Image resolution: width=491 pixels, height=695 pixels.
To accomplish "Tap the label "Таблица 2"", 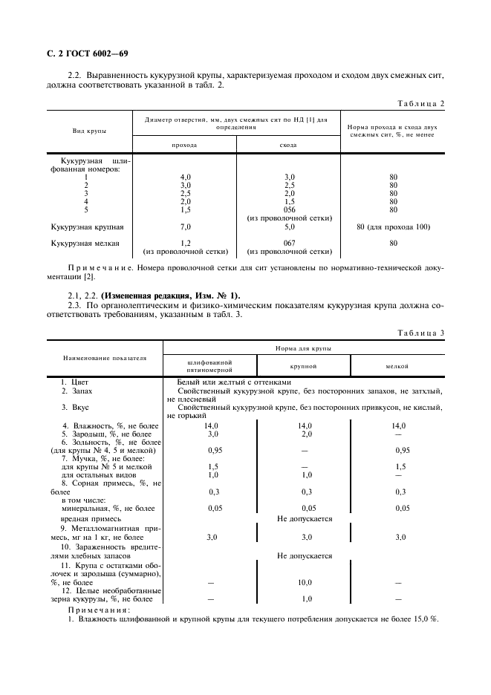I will (421, 103).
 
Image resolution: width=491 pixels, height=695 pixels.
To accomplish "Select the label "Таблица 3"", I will (421, 333).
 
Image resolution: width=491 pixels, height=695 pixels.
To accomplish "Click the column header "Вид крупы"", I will (89, 131).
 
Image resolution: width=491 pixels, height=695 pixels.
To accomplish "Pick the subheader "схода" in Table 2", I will (288, 145).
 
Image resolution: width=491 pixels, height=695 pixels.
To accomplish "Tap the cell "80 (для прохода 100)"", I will (393, 226).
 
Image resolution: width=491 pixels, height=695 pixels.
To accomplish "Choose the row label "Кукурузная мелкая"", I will (85, 243).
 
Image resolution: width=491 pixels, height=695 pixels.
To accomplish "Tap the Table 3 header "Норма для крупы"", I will (303, 347).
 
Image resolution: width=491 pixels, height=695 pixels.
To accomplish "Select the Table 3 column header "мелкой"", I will (397, 366).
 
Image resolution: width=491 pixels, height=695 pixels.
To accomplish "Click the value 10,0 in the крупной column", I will (305, 583).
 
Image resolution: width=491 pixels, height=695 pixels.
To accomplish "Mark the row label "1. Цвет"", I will (74, 382).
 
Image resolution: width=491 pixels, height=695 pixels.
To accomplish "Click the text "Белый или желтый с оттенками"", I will (222, 382).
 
